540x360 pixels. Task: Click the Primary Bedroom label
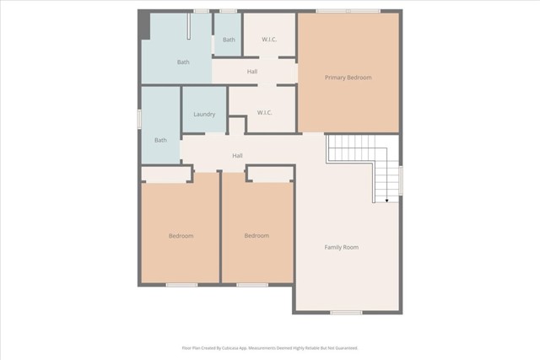tap(348, 78)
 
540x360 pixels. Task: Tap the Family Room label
tap(342, 247)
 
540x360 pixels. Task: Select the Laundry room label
tap(204, 115)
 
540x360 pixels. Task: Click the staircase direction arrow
tap(387, 201)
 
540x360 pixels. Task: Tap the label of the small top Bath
tap(229, 40)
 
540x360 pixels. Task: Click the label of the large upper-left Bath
tap(183, 62)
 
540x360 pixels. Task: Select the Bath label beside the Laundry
tap(160, 140)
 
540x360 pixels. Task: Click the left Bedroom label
tap(181, 236)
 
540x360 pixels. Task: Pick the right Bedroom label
tap(256, 236)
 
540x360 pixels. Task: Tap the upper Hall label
tap(252, 72)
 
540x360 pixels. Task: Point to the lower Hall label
tap(238, 156)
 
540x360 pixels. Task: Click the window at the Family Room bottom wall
tap(346, 313)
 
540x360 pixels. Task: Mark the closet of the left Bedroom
tap(166, 175)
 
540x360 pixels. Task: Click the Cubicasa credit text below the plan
tap(270, 347)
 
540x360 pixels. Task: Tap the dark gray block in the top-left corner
tap(143, 24)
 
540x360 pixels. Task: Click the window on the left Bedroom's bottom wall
tap(181, 284)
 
